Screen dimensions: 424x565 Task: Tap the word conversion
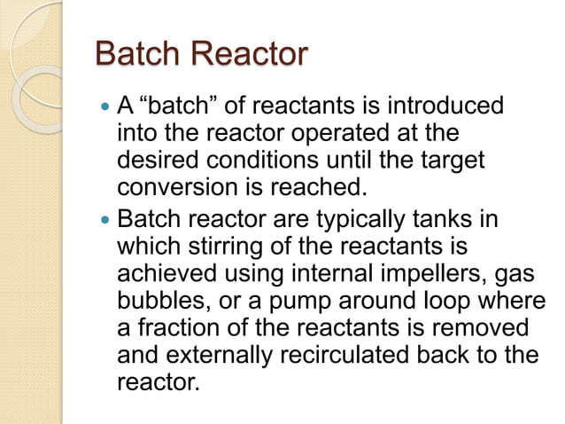[x=175, y=190]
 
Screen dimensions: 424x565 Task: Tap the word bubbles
[x=159, y=300]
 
